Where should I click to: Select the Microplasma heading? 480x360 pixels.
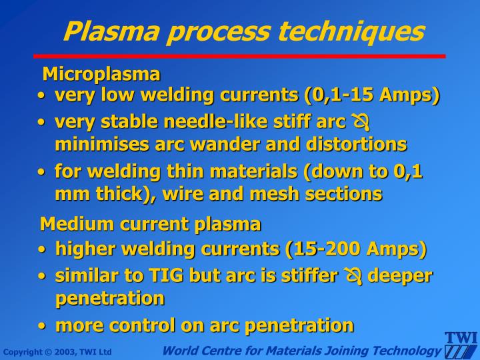(x=101, y=73)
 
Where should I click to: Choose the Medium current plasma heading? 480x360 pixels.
(x=151, y=223)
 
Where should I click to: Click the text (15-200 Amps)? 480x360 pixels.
(x=355, y=249)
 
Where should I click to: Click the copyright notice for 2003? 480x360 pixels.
(x=57, y=352)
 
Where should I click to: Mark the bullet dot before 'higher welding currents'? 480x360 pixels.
(x=43, y=250)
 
